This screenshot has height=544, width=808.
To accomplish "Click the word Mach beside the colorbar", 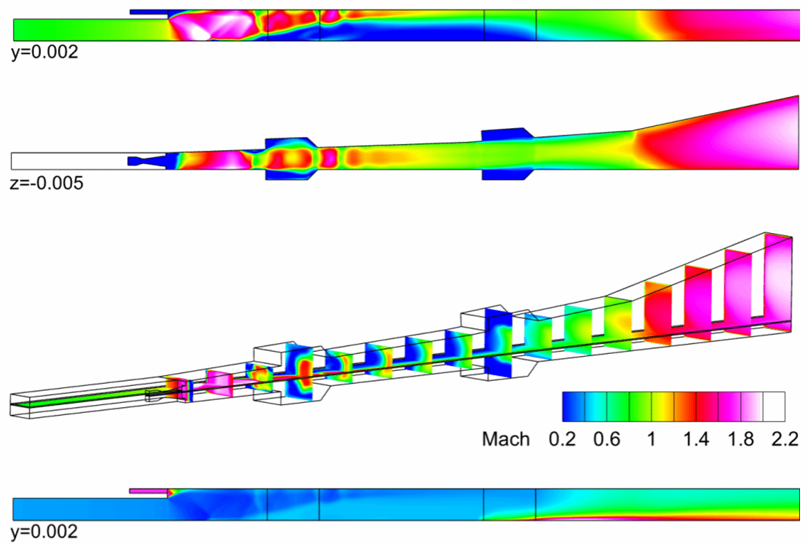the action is [x=505, y=439].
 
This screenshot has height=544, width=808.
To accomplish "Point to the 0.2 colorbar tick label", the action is [x=562, y=439].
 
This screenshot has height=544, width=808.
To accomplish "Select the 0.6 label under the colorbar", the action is [x=606, y=439].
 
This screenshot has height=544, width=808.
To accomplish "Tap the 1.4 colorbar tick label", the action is [x=696, y=439].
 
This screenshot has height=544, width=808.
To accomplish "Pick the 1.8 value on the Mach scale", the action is [x=740, y=439].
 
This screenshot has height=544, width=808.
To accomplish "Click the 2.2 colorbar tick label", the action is [x=785, y=439].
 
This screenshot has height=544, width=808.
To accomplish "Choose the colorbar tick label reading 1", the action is [x=651, y=439].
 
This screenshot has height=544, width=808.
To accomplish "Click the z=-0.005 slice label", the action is [x=47, y=183].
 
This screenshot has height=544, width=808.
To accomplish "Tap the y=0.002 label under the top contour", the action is [x=45, y=52].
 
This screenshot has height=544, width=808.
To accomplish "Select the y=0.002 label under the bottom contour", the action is [x=45, y=532].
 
